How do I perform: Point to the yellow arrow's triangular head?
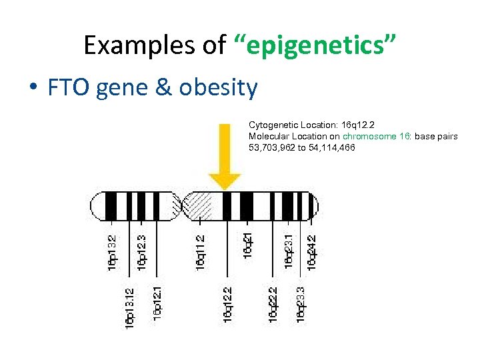point(225,180)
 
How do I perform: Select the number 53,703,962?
point(272,147)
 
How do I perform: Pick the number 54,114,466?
point(330,147)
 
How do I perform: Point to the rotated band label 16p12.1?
point(157,301)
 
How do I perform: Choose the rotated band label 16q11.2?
point(200,252)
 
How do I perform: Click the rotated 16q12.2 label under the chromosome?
point(227,304)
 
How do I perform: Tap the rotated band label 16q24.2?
point(311,252)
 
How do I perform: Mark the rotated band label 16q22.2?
point(273,304)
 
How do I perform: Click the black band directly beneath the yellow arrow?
point(227,206)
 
